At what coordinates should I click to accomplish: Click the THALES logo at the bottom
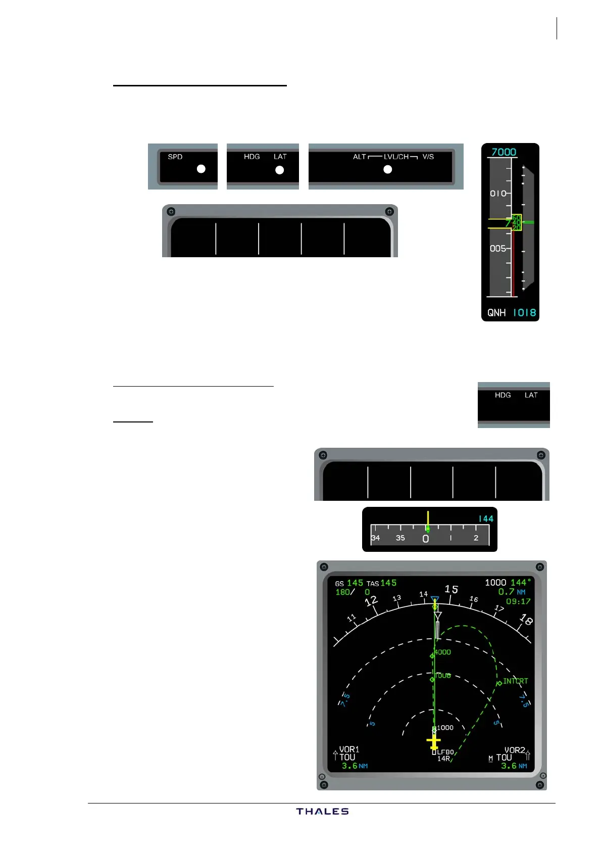click(322, 811)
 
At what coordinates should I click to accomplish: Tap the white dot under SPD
click(201, 169)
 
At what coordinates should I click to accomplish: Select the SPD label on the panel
click(175, 157)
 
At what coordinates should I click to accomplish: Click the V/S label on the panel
click(428, 157)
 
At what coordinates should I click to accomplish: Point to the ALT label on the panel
click(359, 157)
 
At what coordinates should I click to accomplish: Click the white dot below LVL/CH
click(388, 169)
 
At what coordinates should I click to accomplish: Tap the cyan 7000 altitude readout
click(504, 152)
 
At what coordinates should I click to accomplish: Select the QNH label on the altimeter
click(496, 313)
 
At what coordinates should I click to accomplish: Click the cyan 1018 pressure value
click(524, 313)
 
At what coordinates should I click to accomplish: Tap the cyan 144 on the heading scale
click(486, 519)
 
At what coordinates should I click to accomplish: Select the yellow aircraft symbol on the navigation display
click(434, 742)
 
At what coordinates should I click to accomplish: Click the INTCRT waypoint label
click(515, 681)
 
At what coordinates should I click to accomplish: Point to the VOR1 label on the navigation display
click(349, 749)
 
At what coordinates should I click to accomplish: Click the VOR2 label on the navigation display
click(515, 750)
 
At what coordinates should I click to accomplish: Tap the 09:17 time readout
click(518, 601)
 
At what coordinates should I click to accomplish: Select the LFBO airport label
click(445, 752)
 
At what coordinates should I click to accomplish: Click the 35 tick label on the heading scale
click(400, 538)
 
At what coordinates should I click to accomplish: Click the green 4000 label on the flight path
click(443, 652)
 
